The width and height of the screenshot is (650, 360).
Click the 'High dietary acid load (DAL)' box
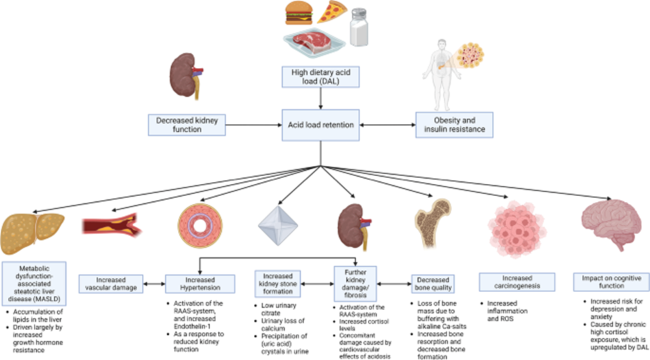[x=321, y=77]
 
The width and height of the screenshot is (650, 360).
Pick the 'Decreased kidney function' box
[x=187, y=125]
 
